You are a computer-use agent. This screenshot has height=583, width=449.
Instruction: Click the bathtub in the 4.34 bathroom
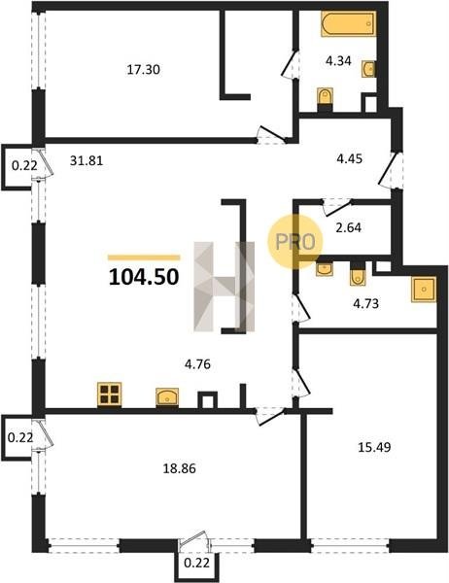349,23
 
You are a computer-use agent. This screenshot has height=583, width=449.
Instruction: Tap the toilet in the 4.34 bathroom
325,99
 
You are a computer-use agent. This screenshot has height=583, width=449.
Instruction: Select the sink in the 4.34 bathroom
368,69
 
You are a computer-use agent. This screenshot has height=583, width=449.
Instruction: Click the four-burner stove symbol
110,394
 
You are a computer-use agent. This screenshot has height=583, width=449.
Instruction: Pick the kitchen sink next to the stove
167,397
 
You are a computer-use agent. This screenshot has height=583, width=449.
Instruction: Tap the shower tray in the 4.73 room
424,290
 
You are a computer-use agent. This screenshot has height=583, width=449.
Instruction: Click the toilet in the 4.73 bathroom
358,273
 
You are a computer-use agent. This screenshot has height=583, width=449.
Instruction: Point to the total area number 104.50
144,277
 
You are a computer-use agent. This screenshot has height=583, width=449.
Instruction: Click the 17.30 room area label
144,70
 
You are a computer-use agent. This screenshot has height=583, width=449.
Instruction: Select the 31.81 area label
86,160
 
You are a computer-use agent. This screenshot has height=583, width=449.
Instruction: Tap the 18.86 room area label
179,468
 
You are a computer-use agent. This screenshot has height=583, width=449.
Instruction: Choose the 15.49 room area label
374,447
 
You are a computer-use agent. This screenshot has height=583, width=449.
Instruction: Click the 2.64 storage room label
348,227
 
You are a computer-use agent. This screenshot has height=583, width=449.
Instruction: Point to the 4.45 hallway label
349,158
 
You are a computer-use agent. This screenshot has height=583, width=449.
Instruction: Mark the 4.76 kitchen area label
197,364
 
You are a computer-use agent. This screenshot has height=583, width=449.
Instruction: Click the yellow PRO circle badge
295,242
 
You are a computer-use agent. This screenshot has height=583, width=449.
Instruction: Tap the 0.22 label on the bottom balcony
196,563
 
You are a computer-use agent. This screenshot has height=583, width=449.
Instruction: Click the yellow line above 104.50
144,257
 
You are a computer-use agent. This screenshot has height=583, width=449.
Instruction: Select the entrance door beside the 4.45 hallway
391,169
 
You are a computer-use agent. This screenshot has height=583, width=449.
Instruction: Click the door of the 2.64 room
336,207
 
